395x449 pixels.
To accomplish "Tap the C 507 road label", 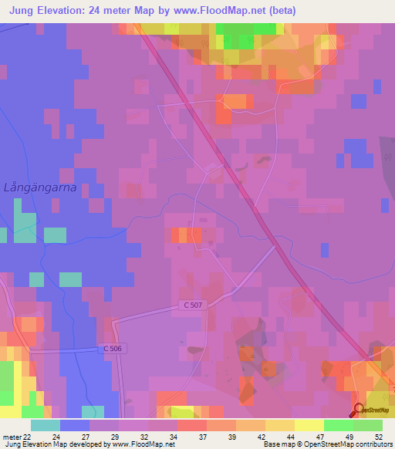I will coord(194,306).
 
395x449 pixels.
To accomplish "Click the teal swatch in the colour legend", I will coord(46,425).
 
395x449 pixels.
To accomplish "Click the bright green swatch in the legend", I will coord(339,425).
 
